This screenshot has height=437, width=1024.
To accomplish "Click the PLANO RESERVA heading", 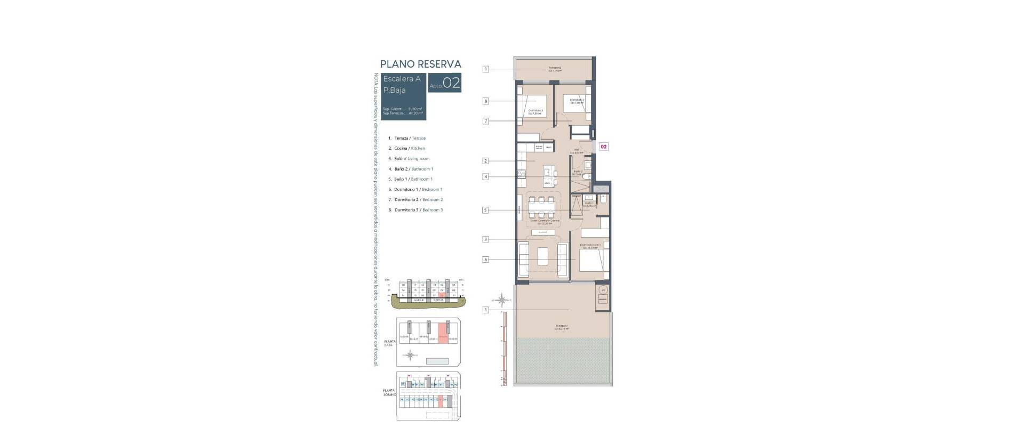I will (420, 64).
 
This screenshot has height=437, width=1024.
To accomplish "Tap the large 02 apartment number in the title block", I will (451, 84).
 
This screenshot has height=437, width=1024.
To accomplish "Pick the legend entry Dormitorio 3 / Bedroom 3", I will (418, 210).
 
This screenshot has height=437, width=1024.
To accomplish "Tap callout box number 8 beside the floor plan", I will (485, 101).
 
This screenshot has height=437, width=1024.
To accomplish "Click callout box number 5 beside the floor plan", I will (485, 210).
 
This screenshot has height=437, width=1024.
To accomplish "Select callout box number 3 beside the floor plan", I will (485, 239).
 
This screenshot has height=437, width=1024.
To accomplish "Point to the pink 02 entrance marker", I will (603, 146).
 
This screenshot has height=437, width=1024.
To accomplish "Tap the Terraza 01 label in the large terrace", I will (562, 327).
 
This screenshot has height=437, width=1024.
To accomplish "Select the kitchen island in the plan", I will (548, 175).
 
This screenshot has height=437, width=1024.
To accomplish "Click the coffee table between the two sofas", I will (542, 257).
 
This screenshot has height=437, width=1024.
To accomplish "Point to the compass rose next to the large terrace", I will (502, 300).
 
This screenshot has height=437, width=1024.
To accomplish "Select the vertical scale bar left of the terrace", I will (502, 349).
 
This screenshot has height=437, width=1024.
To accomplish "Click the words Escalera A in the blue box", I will (402, 79).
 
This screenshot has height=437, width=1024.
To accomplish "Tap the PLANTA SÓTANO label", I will (389, 392).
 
